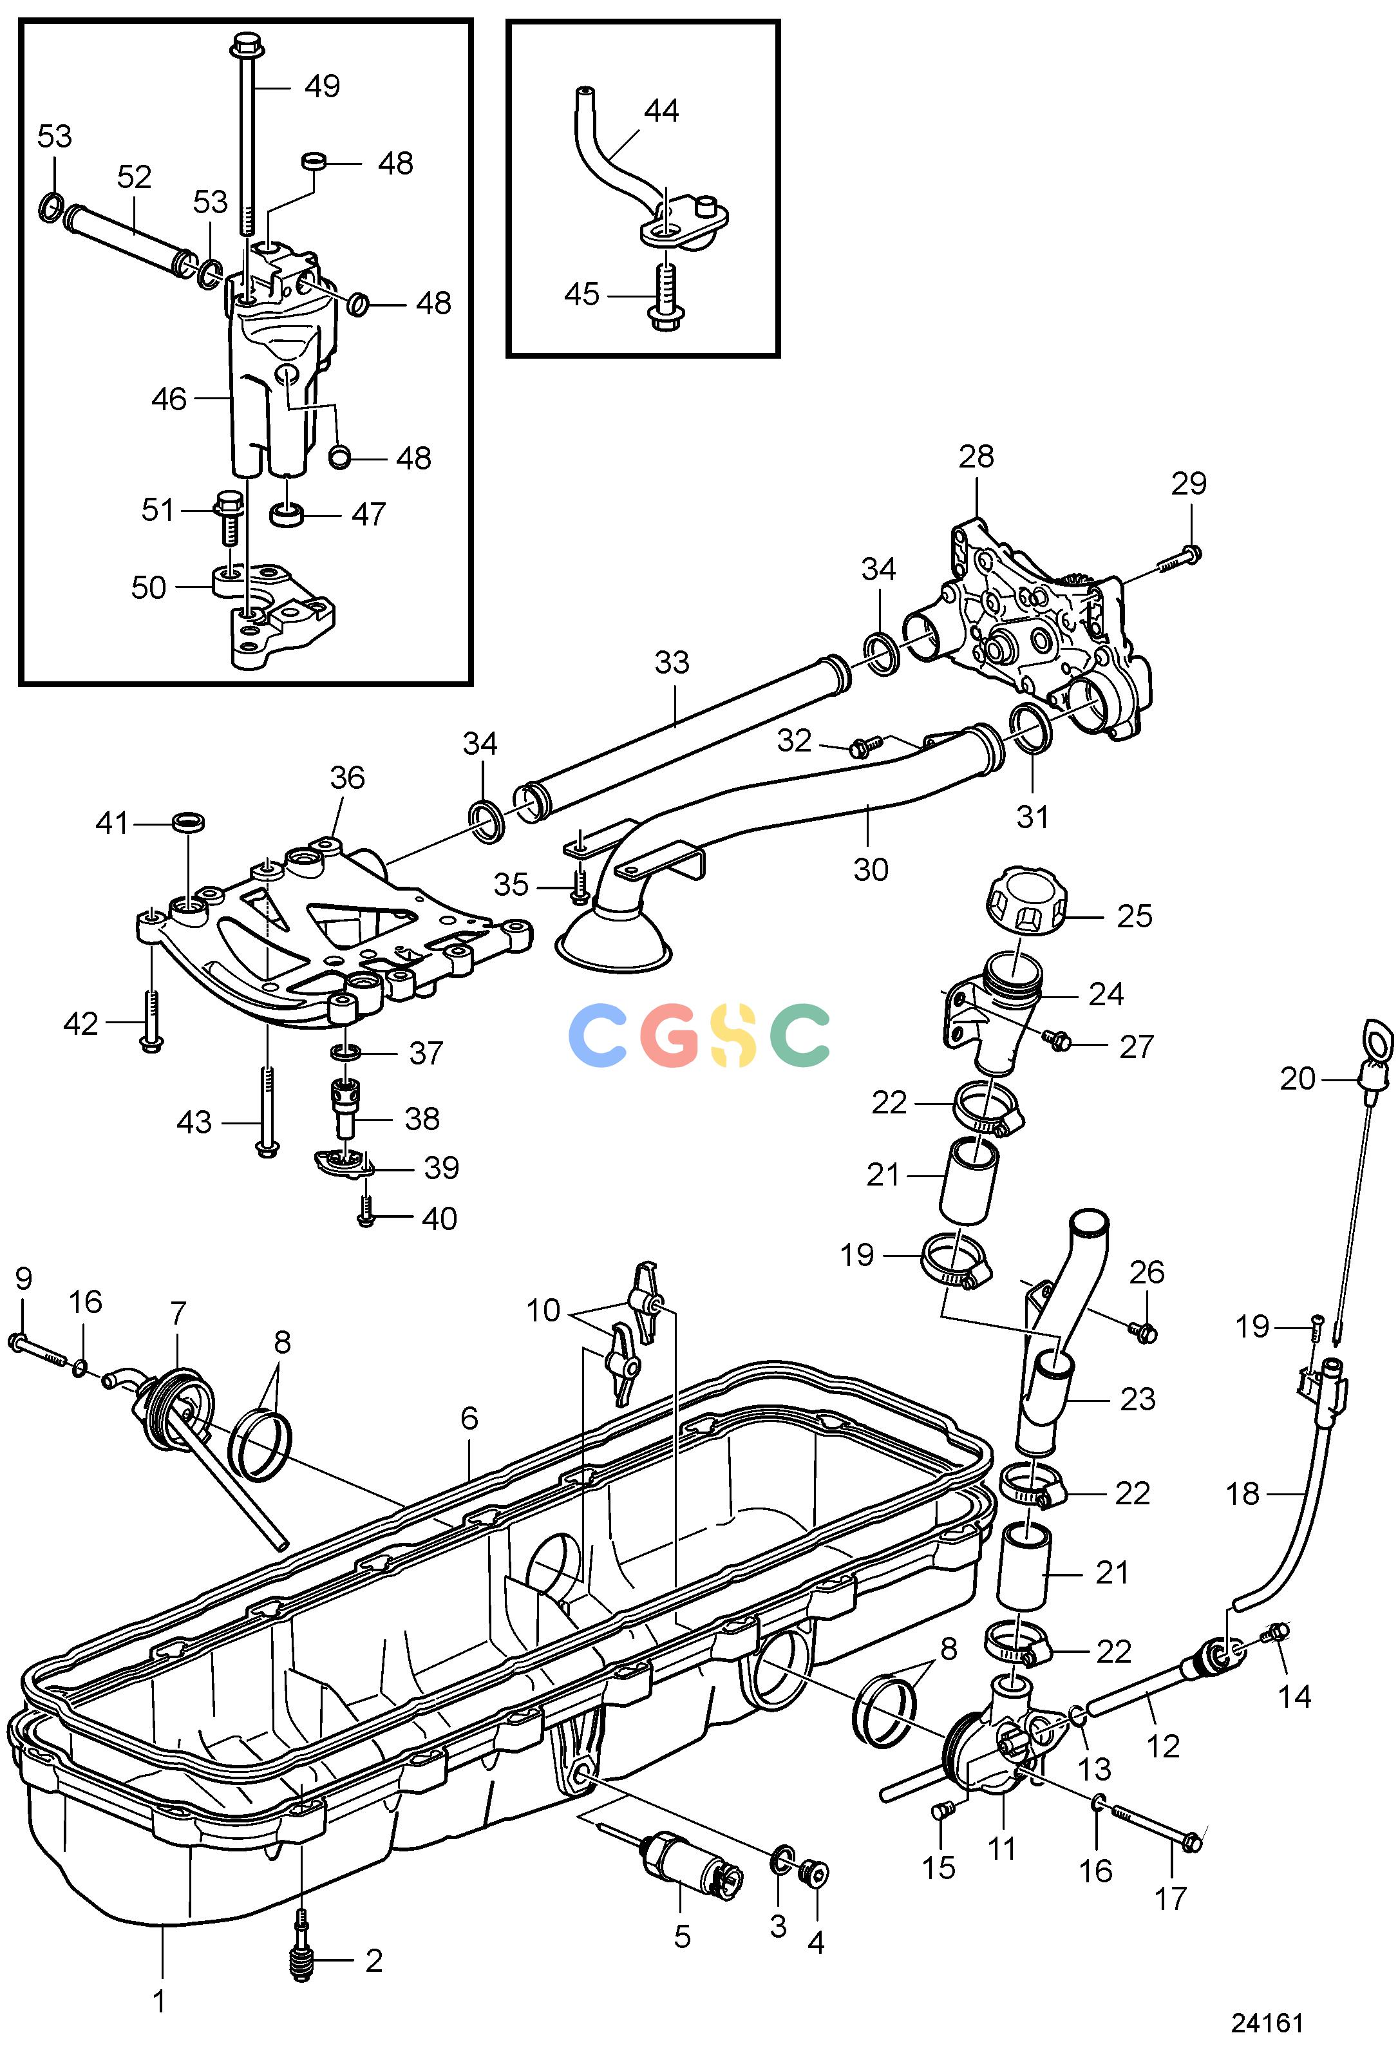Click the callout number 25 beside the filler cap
pos(1134,916)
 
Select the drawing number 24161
pos(1267,2023)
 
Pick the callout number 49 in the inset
pos(322,86)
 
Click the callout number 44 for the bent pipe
pos(661,111)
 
